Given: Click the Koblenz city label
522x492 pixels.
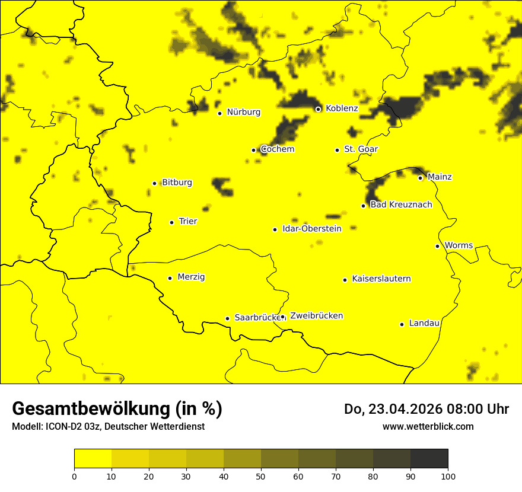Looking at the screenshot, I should pos(342,108).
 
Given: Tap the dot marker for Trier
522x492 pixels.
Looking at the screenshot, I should pos(171,222).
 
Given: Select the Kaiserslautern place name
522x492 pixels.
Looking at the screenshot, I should pos(381,279).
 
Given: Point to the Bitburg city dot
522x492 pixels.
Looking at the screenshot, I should pos(154,183).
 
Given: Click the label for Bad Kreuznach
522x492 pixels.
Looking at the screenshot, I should pos(401,205).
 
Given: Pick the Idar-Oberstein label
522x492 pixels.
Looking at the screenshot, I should pos(312,229).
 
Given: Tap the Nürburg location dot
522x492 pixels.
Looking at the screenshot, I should pos(219,113).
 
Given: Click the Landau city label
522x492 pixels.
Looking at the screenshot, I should pos(424,323).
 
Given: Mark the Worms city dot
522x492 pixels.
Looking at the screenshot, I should pos(437,246).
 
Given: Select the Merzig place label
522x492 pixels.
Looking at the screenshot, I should pos(191,277).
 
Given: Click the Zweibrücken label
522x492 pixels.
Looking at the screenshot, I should pos(316,316).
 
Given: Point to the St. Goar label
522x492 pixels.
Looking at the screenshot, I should pos(361,149).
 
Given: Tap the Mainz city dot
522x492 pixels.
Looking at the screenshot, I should pos(420,178).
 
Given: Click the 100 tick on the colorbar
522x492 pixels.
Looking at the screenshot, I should pos(448,476).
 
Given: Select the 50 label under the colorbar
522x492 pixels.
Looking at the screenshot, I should pos(261,476).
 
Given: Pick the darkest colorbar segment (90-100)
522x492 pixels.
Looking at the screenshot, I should pos(429,459).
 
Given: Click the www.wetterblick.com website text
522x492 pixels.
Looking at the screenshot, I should pos(428,427).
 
